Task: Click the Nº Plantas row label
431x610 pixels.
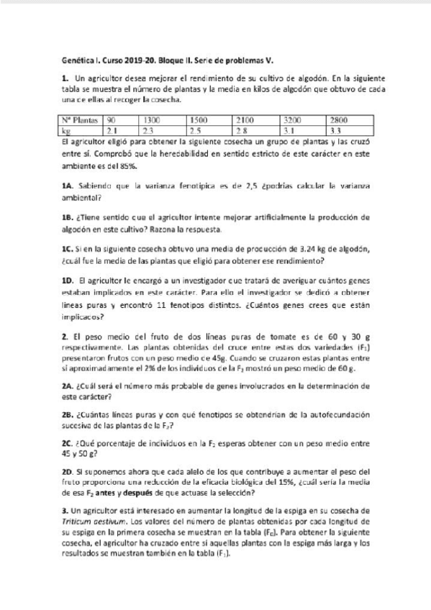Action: pos(79,119)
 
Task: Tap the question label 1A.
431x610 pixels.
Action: pos(68,186)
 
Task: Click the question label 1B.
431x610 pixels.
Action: pos(68,217)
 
